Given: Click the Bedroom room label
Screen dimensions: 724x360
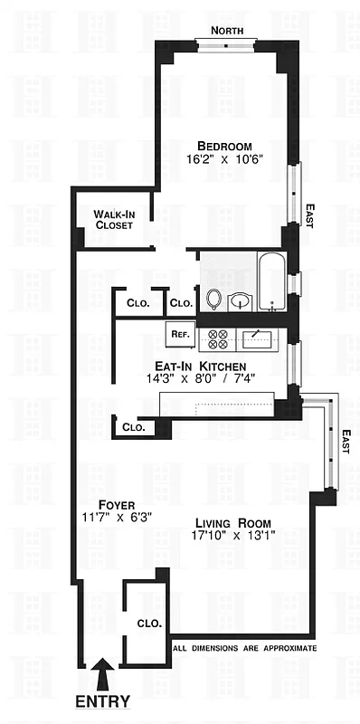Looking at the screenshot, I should click(x=225, y=146).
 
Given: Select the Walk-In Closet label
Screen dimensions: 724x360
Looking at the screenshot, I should click(x=114, y=219).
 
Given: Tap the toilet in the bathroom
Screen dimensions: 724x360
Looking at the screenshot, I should click(x=214, y=298).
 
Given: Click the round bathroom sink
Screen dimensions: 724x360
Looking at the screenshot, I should click(x=240, y=300).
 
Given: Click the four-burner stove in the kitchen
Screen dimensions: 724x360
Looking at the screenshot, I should click(x=218, y=339).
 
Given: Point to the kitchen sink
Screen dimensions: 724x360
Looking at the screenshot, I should click(x=259, y=339).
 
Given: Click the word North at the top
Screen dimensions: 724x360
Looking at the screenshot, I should click(x=228, y=31).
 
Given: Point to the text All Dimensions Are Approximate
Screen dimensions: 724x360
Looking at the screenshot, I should click(x=244, y=649).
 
